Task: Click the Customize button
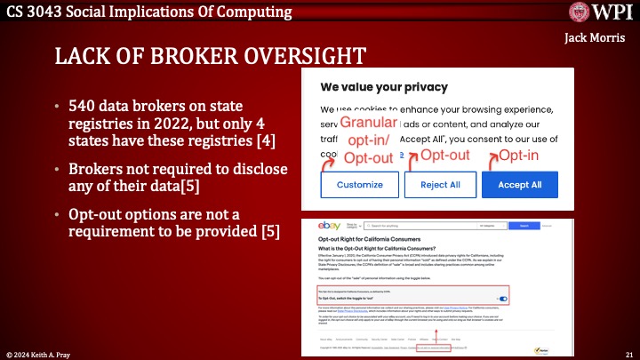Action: [x=358, y=184]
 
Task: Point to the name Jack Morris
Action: [x=594, y=38]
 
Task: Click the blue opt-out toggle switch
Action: [x=503, y=299]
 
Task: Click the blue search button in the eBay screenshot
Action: [x=522, y=228]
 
